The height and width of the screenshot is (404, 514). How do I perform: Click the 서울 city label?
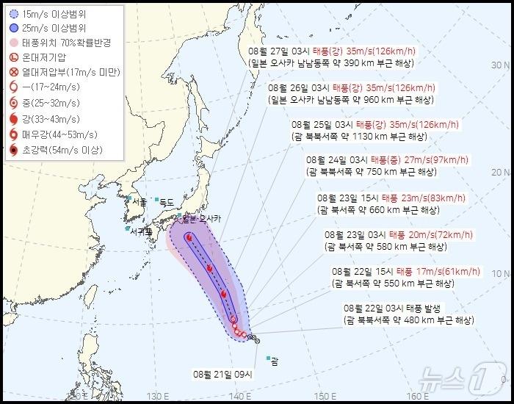[138, 200]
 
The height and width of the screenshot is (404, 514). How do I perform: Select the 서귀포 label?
[140, 231]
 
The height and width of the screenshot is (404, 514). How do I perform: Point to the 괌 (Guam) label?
[274, 361]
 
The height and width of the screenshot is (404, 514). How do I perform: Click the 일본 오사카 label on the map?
[200, 219]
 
